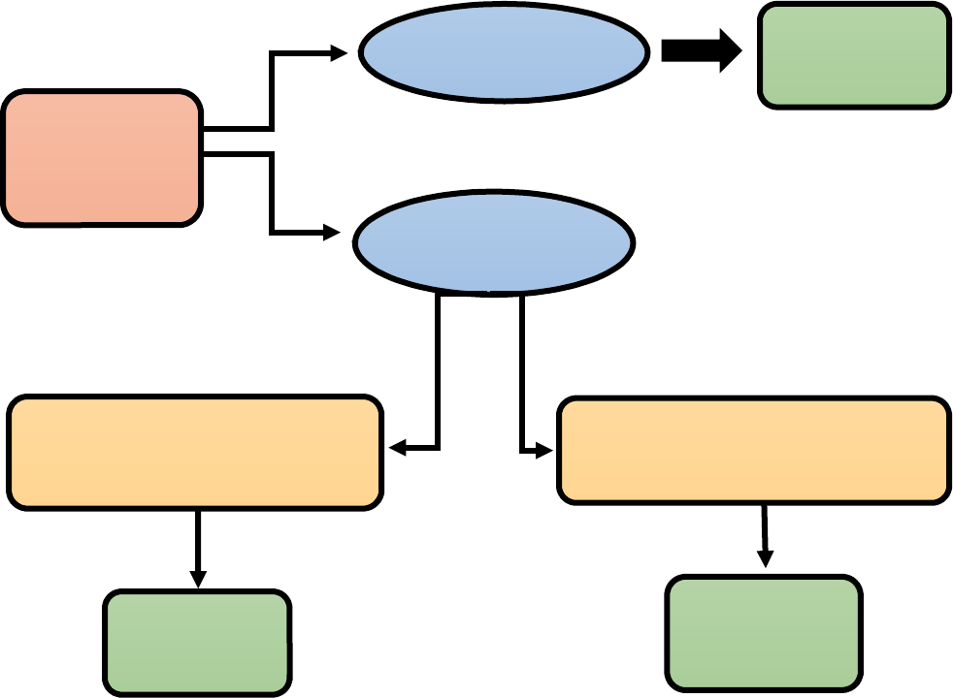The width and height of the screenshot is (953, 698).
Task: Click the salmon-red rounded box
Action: click(x=102, y=158)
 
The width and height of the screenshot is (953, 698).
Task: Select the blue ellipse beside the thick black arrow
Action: click(x=504, y=52)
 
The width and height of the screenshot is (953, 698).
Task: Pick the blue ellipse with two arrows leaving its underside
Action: click(x=493, y=242)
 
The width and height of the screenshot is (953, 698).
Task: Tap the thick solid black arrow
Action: click(x=701, y=50)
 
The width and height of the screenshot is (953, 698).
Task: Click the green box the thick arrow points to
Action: click(x=853, y=55)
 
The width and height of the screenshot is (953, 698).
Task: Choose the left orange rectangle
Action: click(x=195, y=452)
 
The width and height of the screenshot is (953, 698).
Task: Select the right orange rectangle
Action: click(x=754, y=450)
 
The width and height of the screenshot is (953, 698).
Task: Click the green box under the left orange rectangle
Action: click(x=197, y=642)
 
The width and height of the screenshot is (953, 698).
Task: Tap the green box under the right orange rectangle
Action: click(x=764, y=632)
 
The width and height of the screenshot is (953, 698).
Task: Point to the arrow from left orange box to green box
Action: click(x=198, y=548)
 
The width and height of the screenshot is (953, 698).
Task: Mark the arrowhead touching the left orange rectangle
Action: click(x=398, y=449)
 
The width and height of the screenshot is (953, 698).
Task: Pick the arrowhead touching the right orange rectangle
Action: click(x=544, y=450)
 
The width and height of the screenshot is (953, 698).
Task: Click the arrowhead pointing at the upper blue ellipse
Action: click(x=339, y=53)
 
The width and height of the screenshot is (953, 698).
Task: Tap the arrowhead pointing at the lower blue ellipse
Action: click(x=332, y=233)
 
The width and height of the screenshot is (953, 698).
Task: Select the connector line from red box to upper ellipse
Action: click(x=271, y=92)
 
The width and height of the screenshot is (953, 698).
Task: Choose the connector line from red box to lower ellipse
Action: click(x=271, y=194)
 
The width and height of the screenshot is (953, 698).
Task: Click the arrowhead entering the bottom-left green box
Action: click(x=198, y=580)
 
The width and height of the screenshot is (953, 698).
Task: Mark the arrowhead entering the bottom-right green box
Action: click(x=765, y=559)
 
